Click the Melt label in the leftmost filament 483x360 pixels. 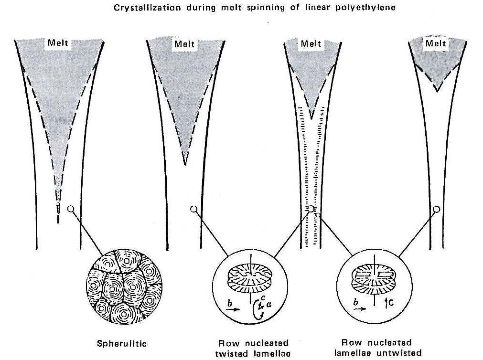tap(58, 43)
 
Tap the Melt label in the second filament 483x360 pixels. tap(184, 44)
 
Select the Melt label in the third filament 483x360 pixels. tap(311, 44)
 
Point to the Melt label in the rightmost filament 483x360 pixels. tap(435, 43)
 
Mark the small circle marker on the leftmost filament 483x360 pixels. tap(71, 209)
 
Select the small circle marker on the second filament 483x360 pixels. tap(193, 209)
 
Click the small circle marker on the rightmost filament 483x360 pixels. tap(436, 209)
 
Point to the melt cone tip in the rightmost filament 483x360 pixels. tap(437, 91)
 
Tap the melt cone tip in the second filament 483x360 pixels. tap(184, 164)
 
